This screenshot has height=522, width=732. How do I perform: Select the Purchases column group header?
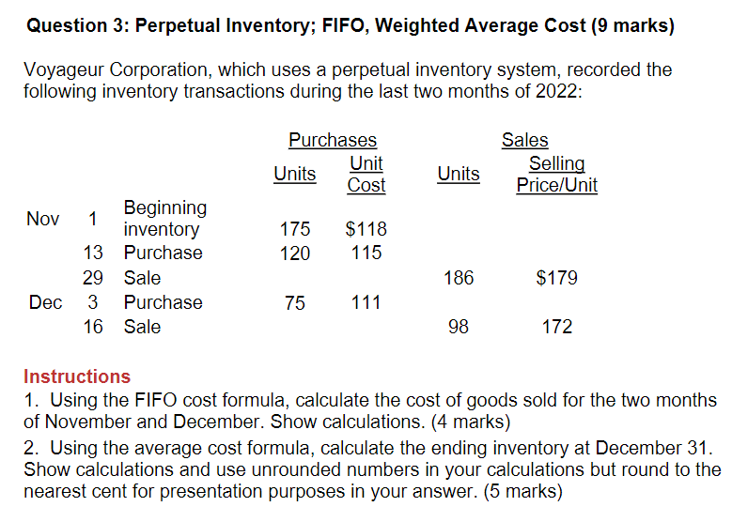[x=332, y=140]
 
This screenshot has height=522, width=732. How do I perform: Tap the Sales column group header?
[x=524, y=140]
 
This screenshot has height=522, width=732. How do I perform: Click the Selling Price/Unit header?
[x=556, y=175]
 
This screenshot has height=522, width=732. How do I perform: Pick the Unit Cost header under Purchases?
[x=366, y=175]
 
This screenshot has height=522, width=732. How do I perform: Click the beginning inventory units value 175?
[x=295, y=229]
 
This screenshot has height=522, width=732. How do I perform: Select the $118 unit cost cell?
[x=366, y=229]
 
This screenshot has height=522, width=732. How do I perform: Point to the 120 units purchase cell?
[x=295, y=253]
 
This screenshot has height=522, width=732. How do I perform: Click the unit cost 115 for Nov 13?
[x=366, y=253]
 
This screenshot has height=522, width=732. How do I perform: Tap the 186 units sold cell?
[x=459, y=278]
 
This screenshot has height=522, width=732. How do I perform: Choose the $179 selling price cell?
[x=556, y=278]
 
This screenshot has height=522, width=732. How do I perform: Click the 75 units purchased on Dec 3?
[x=295, y=302]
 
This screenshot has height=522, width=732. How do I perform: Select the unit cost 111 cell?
[x=366, y=302]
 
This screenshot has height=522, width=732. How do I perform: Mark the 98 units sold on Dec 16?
[x=459, y=327]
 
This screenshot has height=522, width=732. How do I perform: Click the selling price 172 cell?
[x=556, y=327]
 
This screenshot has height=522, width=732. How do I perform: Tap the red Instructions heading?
[x=77, y=376]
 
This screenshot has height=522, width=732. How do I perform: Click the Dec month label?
[x=45, y=302]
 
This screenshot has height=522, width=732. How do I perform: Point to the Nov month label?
[x=43, y=219]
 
